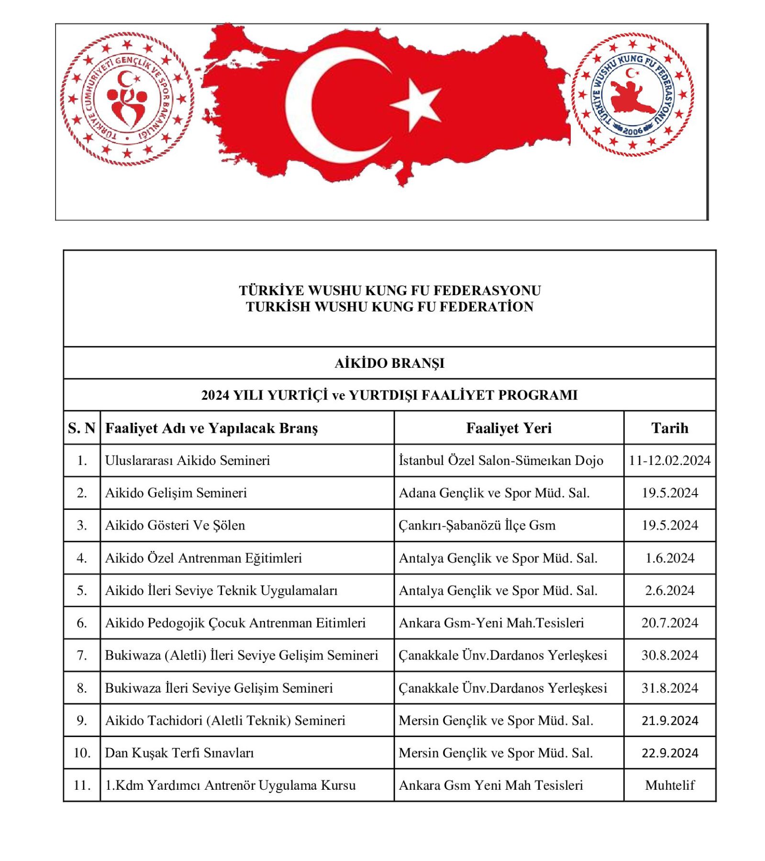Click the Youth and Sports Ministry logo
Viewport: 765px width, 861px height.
click(x=127, y=99)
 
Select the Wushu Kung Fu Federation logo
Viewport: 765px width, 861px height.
click(x=632, y=94)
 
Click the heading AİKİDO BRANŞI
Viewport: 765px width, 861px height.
click(x=389, y=363)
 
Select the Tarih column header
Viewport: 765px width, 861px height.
click(x=669, y=428)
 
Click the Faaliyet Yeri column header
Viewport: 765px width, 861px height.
click(x=509, y=428)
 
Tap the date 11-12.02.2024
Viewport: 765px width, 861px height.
click(x=669, y=460)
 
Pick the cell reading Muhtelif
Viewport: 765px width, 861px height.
click(x=669, y=785)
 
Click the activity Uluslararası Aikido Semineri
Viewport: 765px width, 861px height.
click(x=188, y=460)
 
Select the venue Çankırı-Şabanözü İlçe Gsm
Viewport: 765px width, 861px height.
click(x=477, y=525)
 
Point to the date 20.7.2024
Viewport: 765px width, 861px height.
click(x=669, y=623)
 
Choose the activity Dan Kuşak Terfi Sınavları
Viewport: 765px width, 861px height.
click(x=179, y=753)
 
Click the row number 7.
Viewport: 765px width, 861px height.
click(x=82, y=655)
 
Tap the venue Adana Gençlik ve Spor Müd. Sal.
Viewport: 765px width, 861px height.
click(x=494, y=493)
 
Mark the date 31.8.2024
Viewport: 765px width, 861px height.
click(x=669, y=688)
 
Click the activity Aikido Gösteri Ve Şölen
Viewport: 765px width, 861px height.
click(x=175, y=525)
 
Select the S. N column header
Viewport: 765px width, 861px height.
click(x=82, y=428)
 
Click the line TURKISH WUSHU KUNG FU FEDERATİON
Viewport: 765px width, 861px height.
click(x=389, y=307)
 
